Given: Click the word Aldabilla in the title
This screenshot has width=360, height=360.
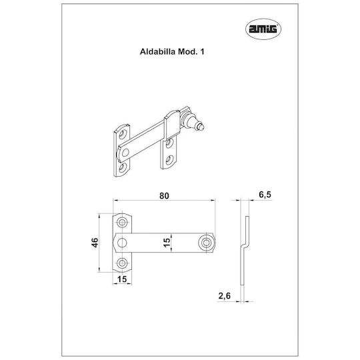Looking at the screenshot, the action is tap(158, 51).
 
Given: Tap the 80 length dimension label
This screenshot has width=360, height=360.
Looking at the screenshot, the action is tap(164, 195).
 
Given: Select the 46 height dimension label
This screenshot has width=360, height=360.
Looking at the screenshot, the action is tap(95, 243).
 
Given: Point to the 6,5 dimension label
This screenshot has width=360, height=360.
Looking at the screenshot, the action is tap(265, 195).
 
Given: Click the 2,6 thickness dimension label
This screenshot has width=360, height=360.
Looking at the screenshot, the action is tap(224, 296).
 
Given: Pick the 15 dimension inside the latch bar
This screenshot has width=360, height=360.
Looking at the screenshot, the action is tap(167, 243).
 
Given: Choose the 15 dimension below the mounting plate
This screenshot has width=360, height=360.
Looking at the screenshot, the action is tap(122, 279).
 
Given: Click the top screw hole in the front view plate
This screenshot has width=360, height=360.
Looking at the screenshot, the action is tap(122, 222).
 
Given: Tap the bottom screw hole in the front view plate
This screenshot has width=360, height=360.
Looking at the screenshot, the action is tap(122, 263).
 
